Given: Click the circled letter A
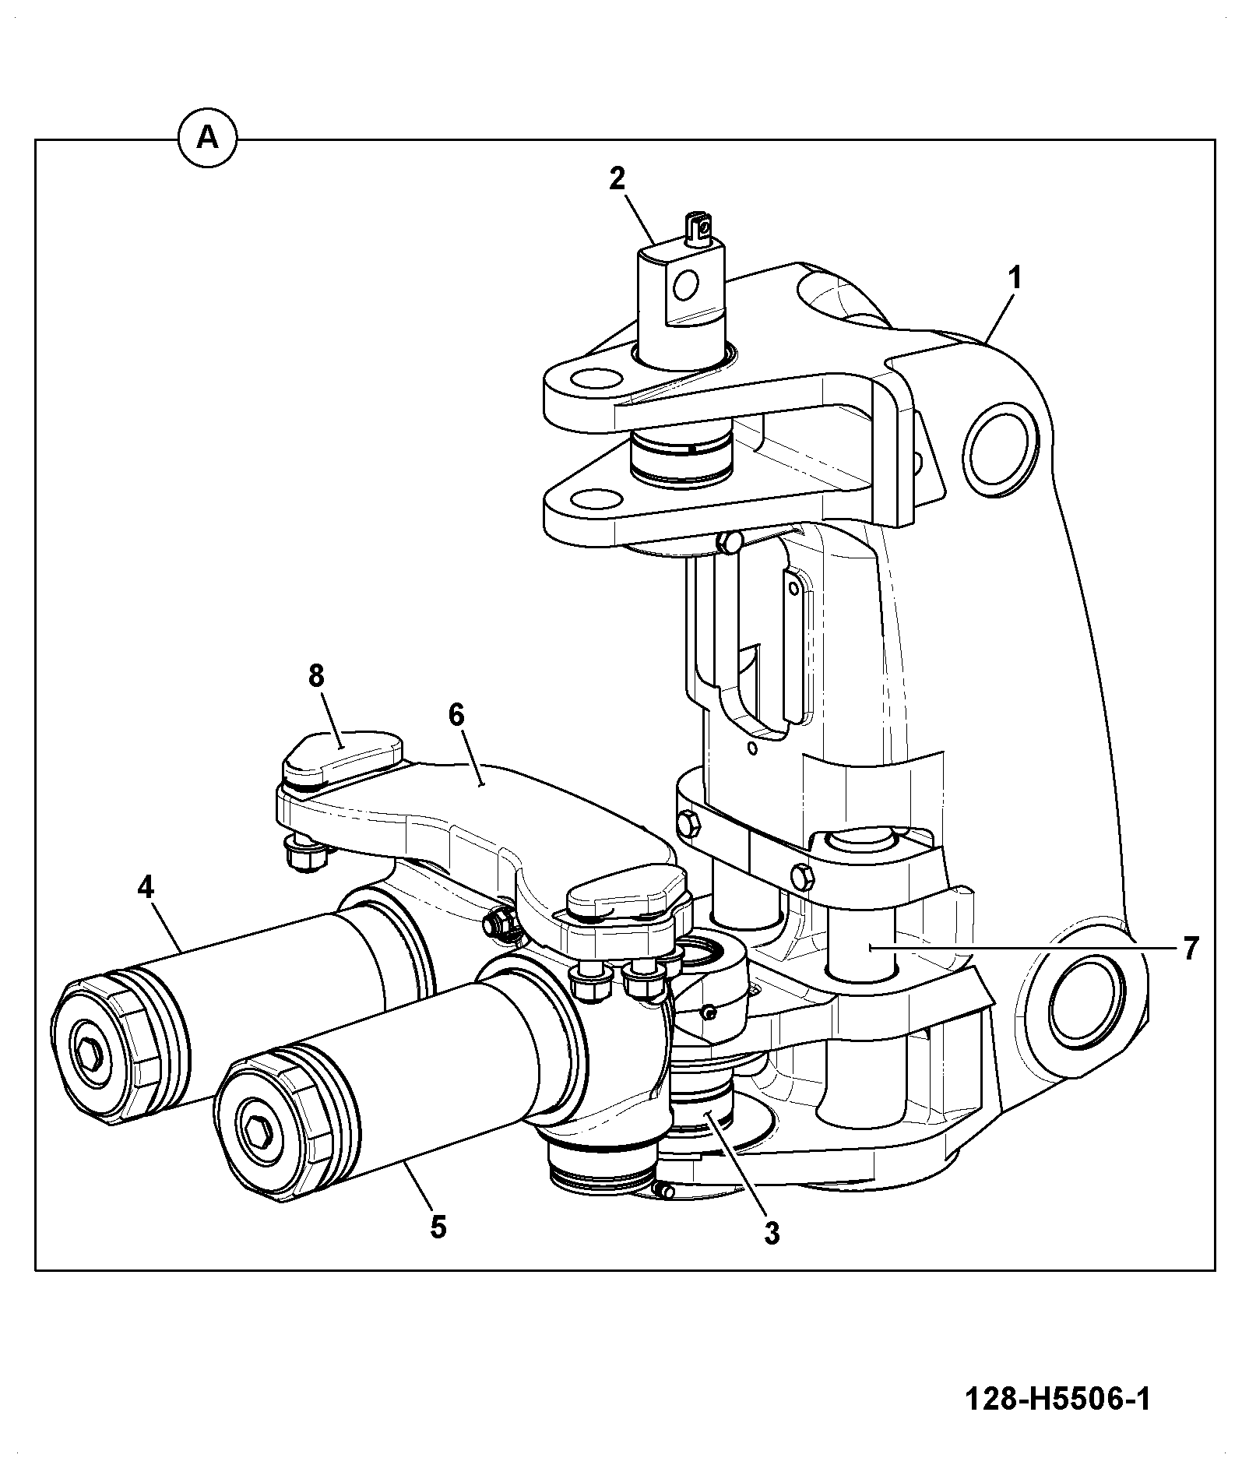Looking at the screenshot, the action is click(207, 139).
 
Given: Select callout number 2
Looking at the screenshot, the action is click(617, 180).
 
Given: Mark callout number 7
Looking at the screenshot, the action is click(1190, 948).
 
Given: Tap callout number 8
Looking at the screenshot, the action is click(315, 676).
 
